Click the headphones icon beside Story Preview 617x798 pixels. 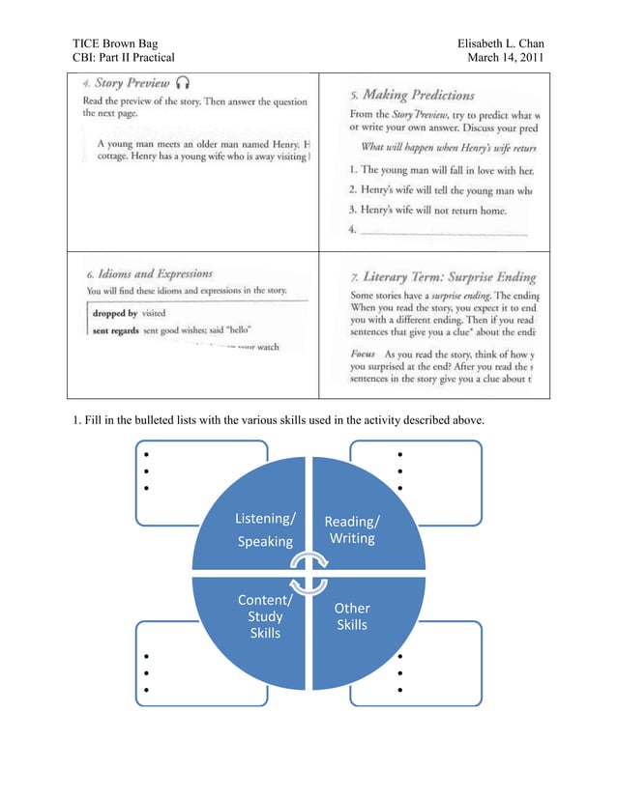coord(184,83)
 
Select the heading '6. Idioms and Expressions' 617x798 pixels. coord(149,274)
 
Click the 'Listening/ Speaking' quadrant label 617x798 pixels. coord(265,530)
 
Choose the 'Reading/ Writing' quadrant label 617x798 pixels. coord(352,529)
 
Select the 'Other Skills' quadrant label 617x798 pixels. coord(352,616)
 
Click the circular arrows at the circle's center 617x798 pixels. coord(308,573)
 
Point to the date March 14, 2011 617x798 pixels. coord(506,58)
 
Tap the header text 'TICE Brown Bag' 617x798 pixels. coord(115,43)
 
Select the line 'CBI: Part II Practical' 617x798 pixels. coord(124,58)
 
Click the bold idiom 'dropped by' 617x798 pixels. coord(114,314)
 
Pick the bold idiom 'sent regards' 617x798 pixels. coord(116,329)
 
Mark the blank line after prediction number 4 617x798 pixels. coord(445,232)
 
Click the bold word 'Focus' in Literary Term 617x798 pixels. coord(363,355)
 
